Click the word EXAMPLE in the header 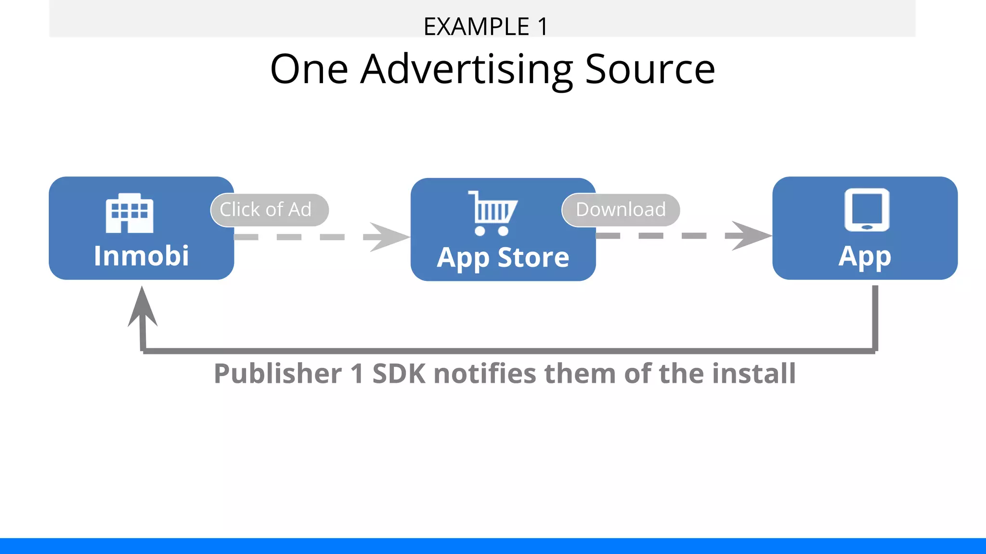(476, 26)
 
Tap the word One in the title (309, 70)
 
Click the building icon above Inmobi (130, 213)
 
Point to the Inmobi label (141, 255)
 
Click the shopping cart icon (492, 213)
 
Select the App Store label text (503, 258)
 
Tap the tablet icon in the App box (867, 210)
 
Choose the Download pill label (621, 210)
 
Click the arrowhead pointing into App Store (388, 237)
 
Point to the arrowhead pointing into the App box (750, 236)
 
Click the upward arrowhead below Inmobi (142, 308)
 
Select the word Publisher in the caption (278, 374)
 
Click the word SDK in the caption (399, 374)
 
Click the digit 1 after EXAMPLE (543, 26)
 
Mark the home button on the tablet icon (867, 227)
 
